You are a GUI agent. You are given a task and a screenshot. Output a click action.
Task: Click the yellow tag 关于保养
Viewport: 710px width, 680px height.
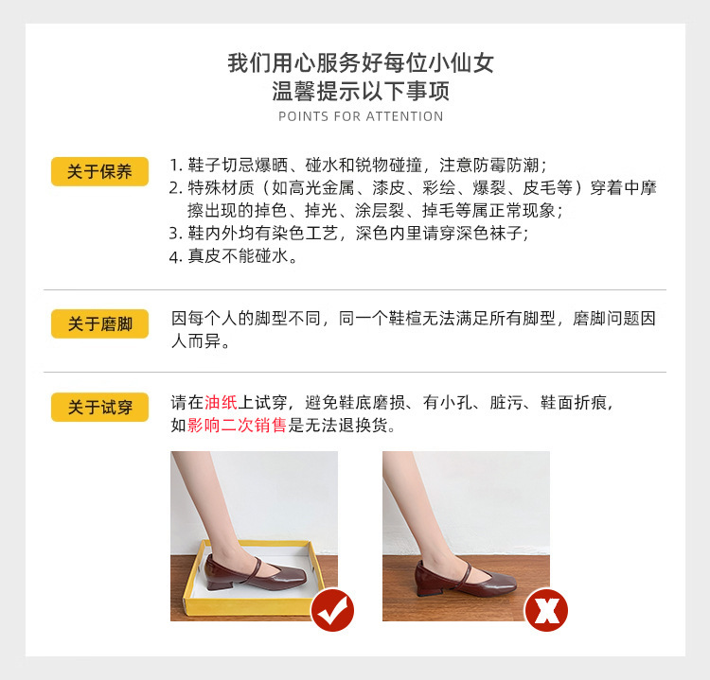coord(99,172)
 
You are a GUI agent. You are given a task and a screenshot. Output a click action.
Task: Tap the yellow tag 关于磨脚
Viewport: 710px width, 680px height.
coord(99,324)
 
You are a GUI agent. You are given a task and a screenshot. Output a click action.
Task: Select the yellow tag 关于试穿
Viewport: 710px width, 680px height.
coord(99,408)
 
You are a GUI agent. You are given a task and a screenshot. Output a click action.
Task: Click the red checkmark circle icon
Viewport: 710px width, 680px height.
coord(332,610)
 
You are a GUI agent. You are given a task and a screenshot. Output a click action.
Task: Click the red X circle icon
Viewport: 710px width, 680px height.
coord(546,610)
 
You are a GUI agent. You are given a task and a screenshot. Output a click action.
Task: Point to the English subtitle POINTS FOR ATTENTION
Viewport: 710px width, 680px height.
coord(361,116)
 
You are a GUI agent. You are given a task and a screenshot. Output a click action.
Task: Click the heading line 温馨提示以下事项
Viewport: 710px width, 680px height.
coord(361,92)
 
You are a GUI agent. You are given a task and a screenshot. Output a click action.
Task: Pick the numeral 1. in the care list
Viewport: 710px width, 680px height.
coord(175,164)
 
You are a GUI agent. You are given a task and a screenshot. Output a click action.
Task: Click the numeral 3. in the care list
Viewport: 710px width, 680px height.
coord(175,233)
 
